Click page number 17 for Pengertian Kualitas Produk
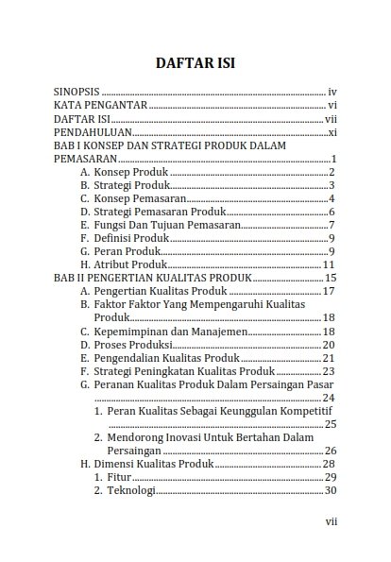pyautogui.click(x=330, y=292)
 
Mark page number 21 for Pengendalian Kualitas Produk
pyautogui.click(x=330, y=358)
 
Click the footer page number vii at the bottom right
pyautogui.click(x=330, y=520)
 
